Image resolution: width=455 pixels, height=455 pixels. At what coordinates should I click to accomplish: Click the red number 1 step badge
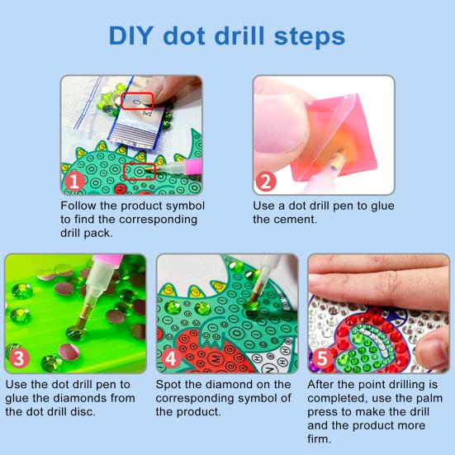[75, 181]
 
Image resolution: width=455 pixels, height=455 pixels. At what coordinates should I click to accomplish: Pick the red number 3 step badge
[18, 358]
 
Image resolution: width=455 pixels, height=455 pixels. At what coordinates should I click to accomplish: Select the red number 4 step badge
[170, 358]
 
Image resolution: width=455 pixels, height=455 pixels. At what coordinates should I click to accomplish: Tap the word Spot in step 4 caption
[170, 385]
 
